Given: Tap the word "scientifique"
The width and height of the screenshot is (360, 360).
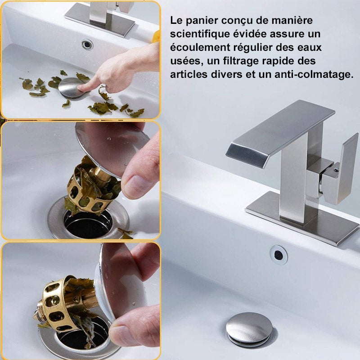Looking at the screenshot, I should (200, 34).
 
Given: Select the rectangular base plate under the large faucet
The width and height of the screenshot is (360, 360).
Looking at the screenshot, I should (297, 218).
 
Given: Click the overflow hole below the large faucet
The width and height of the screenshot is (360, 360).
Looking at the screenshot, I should (279, 255).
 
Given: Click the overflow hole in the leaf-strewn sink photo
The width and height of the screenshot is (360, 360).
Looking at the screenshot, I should (87, 44).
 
